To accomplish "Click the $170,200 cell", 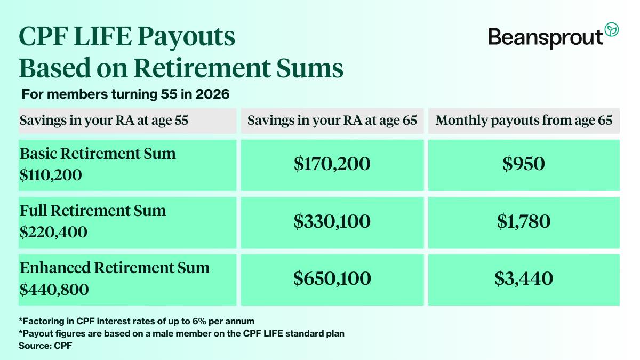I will (332, 164).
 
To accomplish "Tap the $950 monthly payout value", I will (524, 164).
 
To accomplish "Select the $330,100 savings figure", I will (332, 221).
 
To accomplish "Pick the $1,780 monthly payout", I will (524, 221).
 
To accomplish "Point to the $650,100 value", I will (332, 278).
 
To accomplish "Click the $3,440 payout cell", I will (524, 278).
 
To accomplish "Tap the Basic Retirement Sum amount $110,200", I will (51, 174).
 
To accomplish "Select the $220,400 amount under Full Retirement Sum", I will (53, 232).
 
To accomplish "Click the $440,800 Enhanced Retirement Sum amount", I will (54, 289).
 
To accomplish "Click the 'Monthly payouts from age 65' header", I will (524, 121).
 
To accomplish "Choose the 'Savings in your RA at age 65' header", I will (332, 121).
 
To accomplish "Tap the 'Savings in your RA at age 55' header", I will (104, 121).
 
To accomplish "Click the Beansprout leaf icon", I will (611, 30).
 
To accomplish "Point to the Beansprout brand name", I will (546, 37).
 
